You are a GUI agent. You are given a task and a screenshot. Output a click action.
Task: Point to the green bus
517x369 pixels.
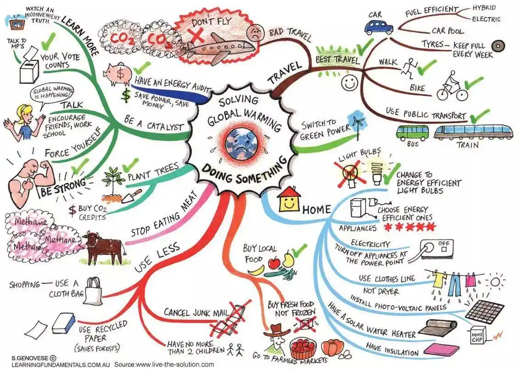(412, 132)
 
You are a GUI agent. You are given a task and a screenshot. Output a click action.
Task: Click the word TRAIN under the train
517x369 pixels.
(467, 144)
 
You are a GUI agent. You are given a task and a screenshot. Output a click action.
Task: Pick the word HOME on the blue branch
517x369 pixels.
(316, 209)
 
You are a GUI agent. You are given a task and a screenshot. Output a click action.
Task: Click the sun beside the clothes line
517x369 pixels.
(495, 282)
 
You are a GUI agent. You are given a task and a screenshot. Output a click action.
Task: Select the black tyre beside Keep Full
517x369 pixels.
(499, 46)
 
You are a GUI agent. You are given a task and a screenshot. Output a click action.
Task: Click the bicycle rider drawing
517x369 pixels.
(452, 86)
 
